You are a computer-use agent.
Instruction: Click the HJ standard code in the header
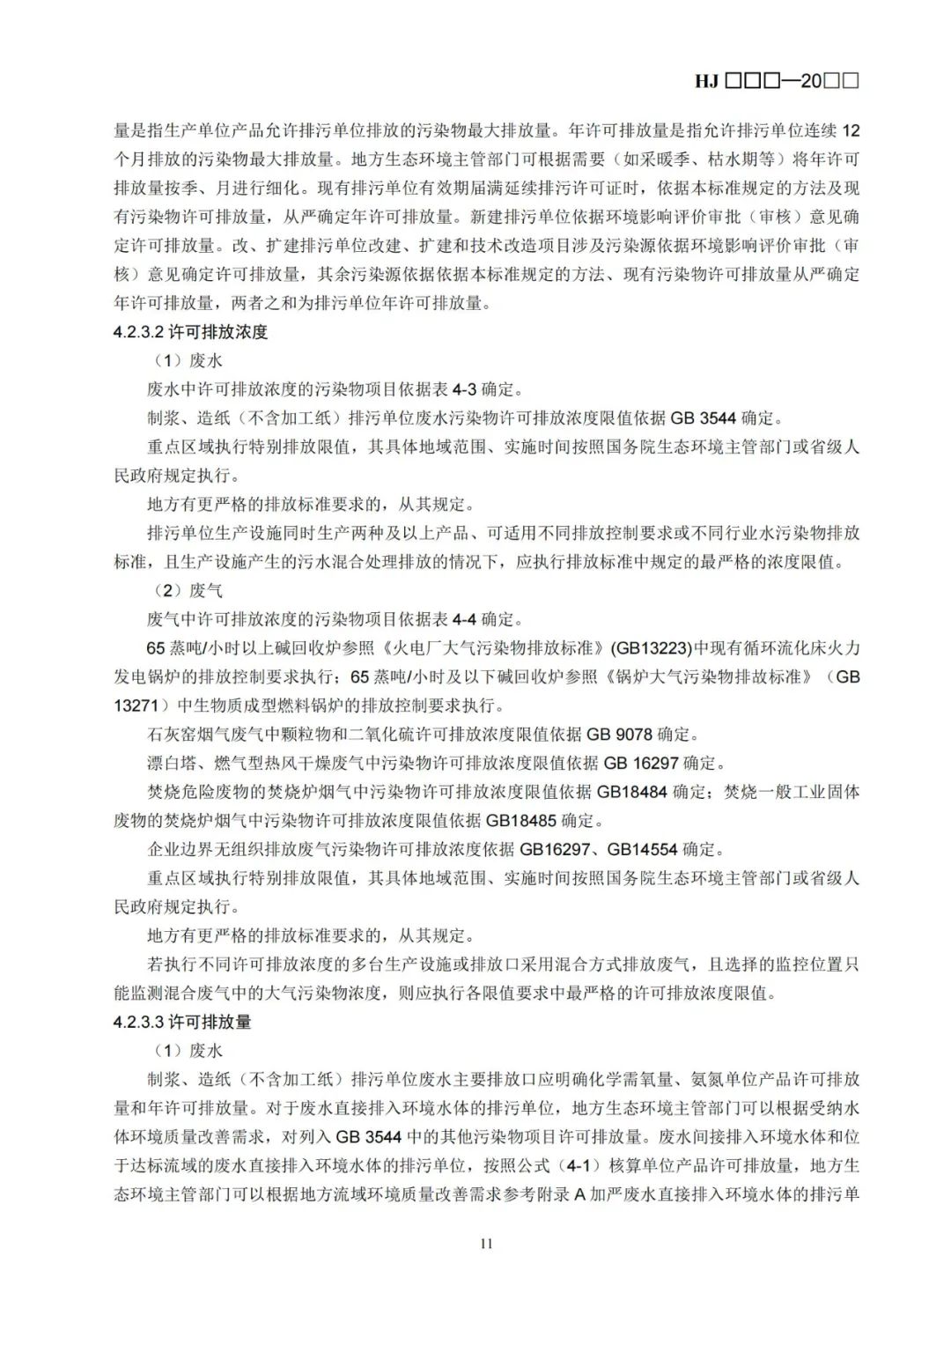(776, 81)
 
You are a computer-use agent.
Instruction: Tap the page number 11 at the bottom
(486, 1244)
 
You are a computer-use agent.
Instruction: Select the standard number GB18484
(632, 792)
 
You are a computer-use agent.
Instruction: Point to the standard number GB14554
(642, 850)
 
